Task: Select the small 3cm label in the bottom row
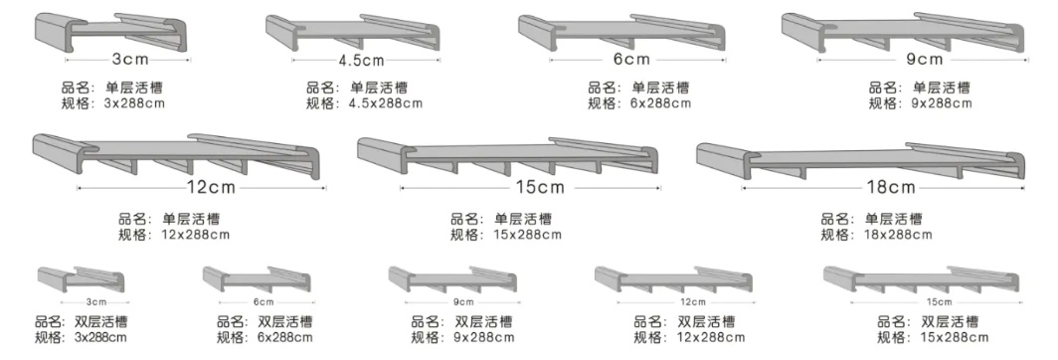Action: [x=96, y=301]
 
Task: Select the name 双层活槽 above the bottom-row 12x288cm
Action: [x=706, y=321]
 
